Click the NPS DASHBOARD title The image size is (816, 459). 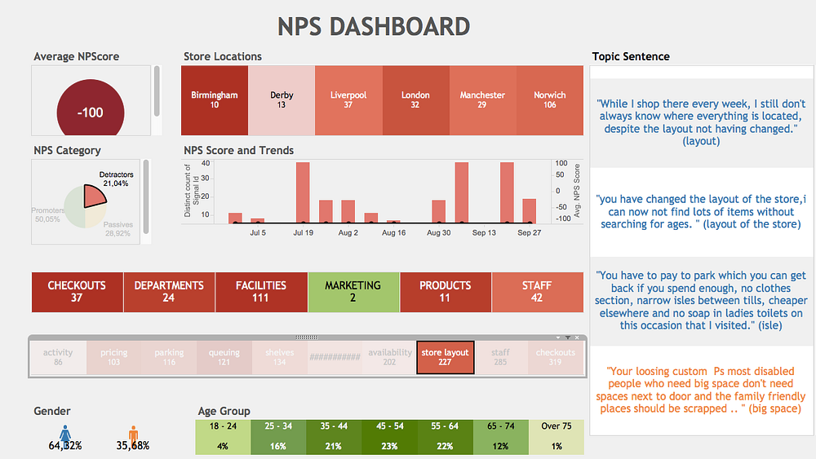click(374, 26)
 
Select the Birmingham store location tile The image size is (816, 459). click(215, 100)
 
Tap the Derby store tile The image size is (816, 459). click(282, 100)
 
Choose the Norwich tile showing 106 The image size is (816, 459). click(549, 100)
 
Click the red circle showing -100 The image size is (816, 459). click(90, 113)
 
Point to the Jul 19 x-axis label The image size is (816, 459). click(304, 233)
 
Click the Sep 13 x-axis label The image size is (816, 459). click(484, 233)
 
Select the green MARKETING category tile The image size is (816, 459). click(353, 292)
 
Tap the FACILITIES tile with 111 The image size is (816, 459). click(261, 292)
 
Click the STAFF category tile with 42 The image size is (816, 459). click(537, 292)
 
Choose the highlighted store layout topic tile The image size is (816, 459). click(445, 357)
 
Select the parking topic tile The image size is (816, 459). click(169, 357)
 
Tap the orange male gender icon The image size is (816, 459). click(134, 432)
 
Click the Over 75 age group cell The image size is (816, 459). click(556, 436)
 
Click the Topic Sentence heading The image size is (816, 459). click(631, 56)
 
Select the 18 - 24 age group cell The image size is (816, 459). click(222, 436)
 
